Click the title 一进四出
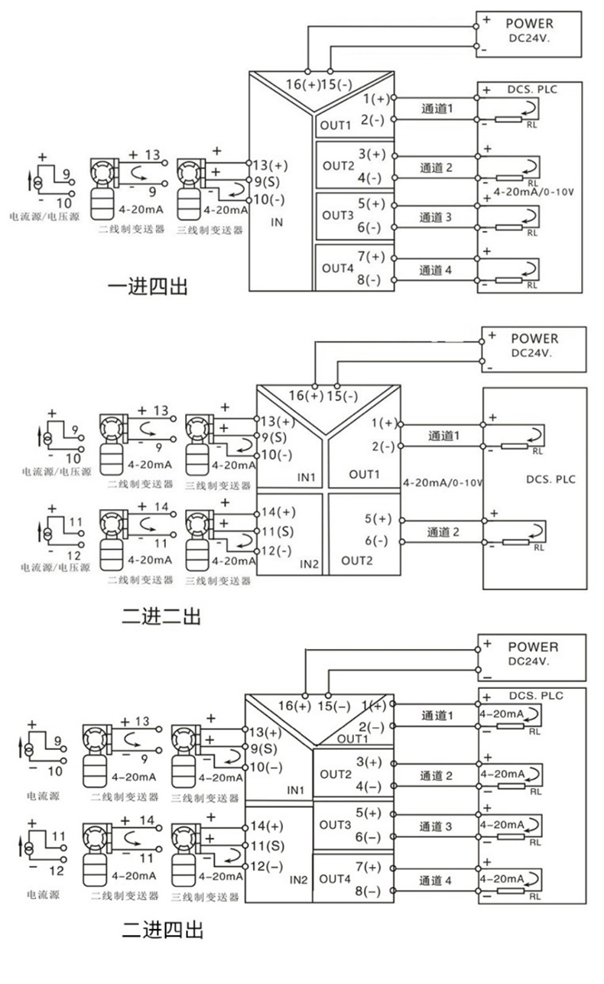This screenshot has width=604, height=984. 148,287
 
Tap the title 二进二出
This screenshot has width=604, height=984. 161,616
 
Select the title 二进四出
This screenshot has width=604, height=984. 163,930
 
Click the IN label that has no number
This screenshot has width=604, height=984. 277,222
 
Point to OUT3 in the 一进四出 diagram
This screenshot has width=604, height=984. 337,216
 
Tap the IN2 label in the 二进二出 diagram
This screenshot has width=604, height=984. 309,564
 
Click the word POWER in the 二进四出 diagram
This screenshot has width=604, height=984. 533,647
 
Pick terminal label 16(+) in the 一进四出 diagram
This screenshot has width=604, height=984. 303,84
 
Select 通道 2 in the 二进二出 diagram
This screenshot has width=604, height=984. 443,532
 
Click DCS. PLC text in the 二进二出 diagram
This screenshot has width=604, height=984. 550,479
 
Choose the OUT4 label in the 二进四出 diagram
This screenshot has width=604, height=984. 335,879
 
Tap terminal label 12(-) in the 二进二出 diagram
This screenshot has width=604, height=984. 277,550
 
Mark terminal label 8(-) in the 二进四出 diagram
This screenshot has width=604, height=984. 368,891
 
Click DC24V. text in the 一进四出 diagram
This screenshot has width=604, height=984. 529,38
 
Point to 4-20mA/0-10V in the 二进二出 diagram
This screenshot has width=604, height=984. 443,482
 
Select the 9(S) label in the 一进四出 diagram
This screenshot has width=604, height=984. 267,182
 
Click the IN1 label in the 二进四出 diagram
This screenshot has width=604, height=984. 296,791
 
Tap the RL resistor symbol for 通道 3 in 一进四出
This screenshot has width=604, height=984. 509,228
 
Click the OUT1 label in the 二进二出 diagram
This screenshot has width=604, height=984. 364,475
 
